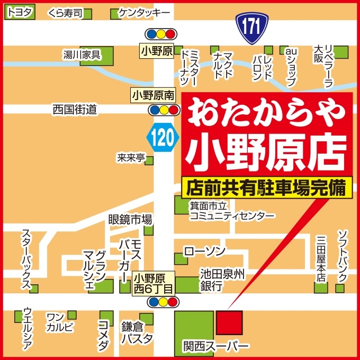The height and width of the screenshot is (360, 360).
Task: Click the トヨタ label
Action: coord(19,12)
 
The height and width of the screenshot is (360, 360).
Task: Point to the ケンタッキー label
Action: coord(144,12)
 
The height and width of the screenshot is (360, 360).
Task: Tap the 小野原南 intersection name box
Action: coord(152,96)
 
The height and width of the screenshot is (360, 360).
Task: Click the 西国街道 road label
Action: coord(75,109)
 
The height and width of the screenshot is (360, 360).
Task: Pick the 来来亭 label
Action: coord(131,157)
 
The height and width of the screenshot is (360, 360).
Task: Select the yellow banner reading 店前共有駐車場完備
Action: coord(266,187)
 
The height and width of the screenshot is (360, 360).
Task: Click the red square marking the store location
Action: coord(229,322)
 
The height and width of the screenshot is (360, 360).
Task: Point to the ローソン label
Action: coord(204,250)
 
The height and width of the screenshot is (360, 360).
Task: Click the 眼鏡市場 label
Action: coord(130,219)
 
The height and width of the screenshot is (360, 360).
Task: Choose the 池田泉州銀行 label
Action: coord(222,280)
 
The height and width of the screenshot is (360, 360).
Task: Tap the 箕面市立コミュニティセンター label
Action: coord(232,211)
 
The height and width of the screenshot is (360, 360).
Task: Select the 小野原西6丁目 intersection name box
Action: coord(154,283)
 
